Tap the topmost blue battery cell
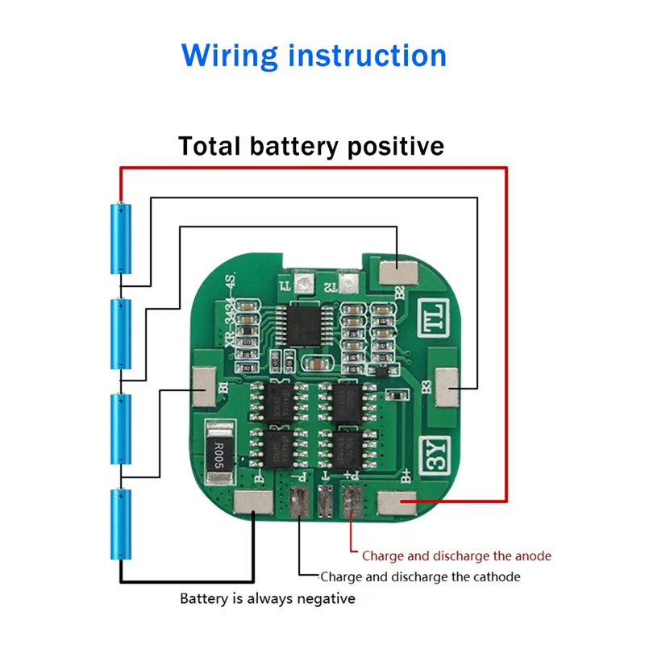pos(121,239)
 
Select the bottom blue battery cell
pos(121,525)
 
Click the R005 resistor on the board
pos(225,454)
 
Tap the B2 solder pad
pos(397,270)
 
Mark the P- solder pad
pos(298,504)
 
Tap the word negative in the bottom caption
pos(327,598)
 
